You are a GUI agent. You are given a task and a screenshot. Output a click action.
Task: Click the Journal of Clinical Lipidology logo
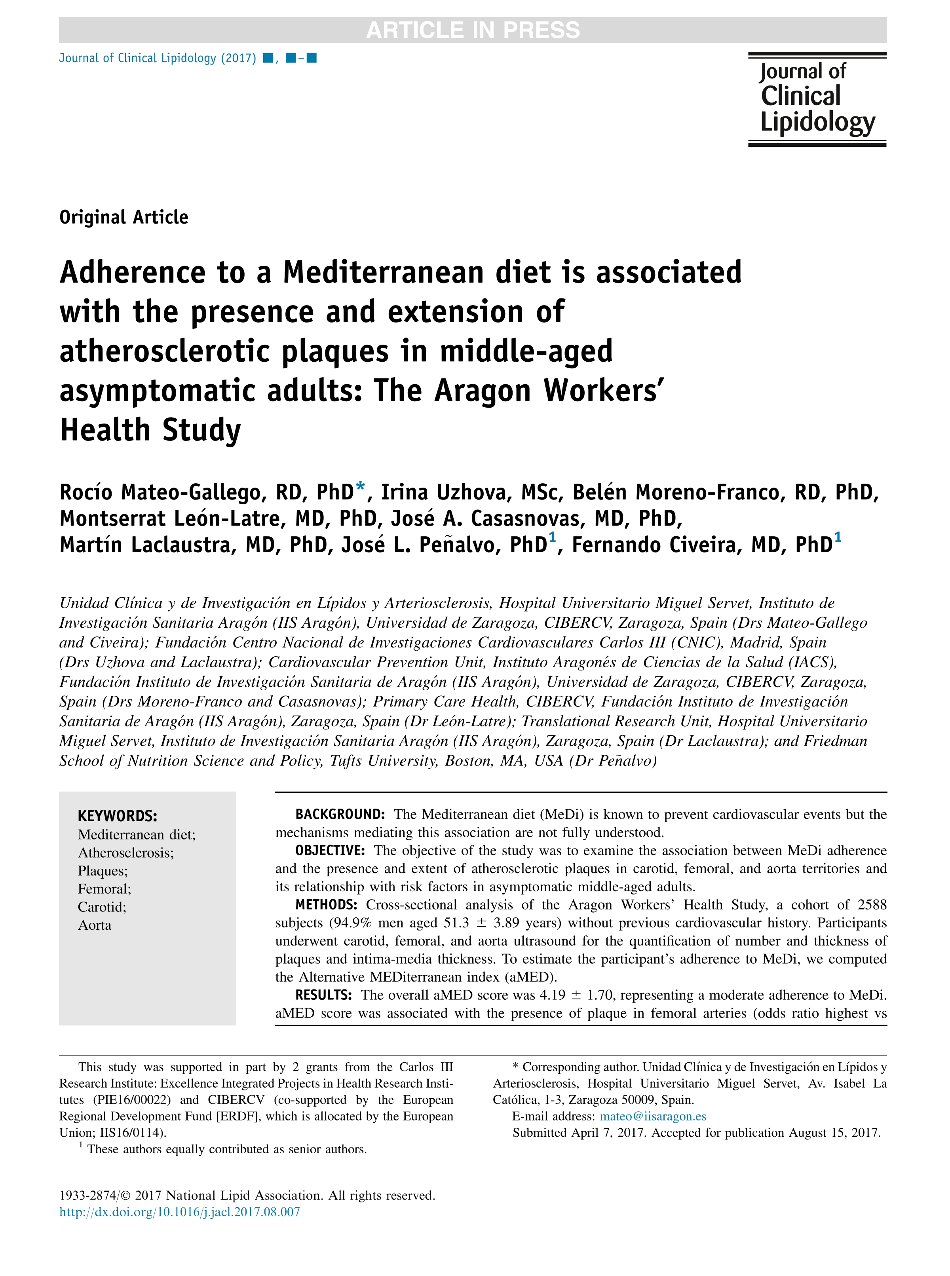pyautogui.click(x=817, y=99)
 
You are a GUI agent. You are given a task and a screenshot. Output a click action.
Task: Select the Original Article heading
pyautogui.click(x=123, y=217)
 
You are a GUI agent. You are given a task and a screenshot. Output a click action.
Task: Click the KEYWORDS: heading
pyautogui.click(x=117, y=816)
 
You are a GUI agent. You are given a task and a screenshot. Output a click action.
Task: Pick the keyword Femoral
pyautogui.click(x=104, y=889)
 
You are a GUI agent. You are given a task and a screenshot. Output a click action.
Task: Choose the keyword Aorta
pyautogui.click(x=95, y=925)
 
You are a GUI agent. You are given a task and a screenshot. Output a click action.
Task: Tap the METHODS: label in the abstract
pyautogui.click(x=326, y=904)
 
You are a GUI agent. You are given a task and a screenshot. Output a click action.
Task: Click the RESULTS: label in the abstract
pyautogui.click(x=323, y=995)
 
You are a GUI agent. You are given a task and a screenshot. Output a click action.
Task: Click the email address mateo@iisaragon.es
pyautogui.click(x=653, y=1116)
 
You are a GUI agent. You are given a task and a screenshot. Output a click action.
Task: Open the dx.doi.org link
pyautogui.click(x=179, y=1212)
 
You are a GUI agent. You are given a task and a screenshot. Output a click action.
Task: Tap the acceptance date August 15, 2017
pyautogui.click(x=834, y=1133)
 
